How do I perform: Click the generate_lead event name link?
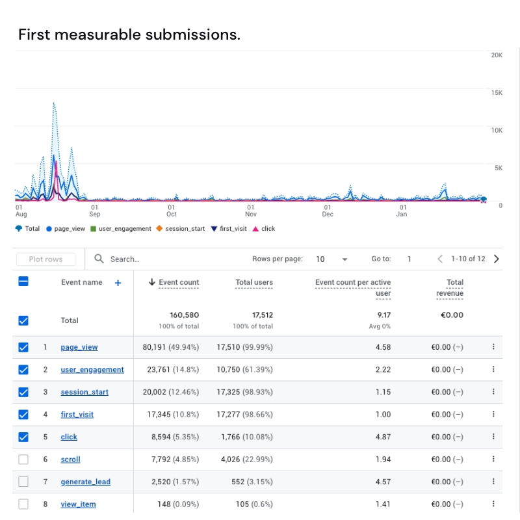[85, 482]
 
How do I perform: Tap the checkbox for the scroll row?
[23, 460]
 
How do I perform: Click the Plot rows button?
[45, 259]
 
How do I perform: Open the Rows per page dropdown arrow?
[344, 259]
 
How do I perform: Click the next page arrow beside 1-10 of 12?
[497, 259]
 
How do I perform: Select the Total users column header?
[254, 282]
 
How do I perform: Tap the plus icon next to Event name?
[118, 283]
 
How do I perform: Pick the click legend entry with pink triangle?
[264, 229]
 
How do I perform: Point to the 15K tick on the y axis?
[497, 93]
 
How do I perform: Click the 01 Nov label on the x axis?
[251, 211]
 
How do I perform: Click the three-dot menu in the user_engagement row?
[493, 369]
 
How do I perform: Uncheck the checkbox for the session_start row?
[23, 392]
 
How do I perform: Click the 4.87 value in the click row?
[383, 437]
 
